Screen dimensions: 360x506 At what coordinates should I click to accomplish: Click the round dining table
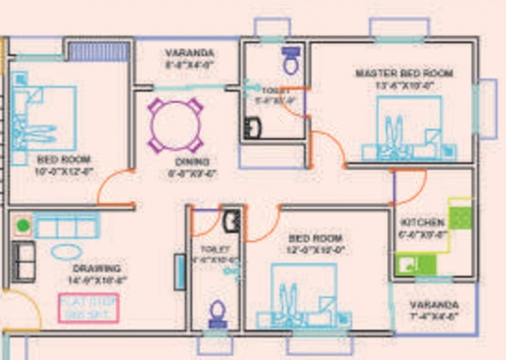point(175,125)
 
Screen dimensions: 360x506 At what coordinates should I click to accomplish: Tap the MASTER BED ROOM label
point(404,74)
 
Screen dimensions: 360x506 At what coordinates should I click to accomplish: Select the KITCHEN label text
point(423,222)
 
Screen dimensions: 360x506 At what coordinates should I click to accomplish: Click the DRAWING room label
point(97,269)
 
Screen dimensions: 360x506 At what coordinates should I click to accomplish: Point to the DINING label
point(192,162)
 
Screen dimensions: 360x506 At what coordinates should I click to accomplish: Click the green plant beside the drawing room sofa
point(23,226)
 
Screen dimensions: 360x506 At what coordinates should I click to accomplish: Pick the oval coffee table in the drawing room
point(67,252)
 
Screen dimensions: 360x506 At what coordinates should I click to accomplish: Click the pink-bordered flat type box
point(89,308)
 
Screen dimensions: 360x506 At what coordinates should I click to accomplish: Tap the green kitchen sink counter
point(415,265)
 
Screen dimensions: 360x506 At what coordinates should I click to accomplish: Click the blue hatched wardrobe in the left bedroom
point(99,52)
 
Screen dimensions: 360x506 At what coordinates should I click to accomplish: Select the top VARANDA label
point(189,53)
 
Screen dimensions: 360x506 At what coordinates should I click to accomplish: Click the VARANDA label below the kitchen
point(434,305)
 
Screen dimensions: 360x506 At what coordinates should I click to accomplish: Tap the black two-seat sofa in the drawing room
point(23,261)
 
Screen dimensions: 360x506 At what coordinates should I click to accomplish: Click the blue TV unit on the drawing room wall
point(180,271)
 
